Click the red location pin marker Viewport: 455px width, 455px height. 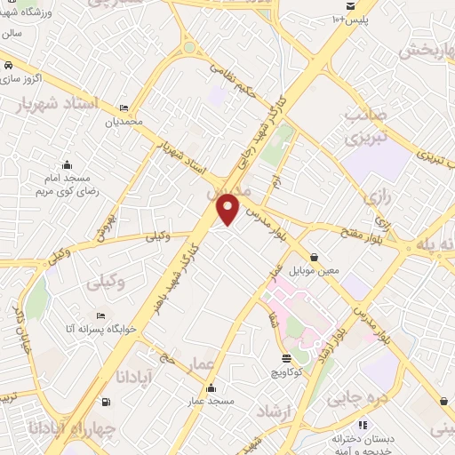[228, 209]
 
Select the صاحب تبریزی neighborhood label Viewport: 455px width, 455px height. [364, 127]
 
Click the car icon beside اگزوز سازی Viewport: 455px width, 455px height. [7, 66]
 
